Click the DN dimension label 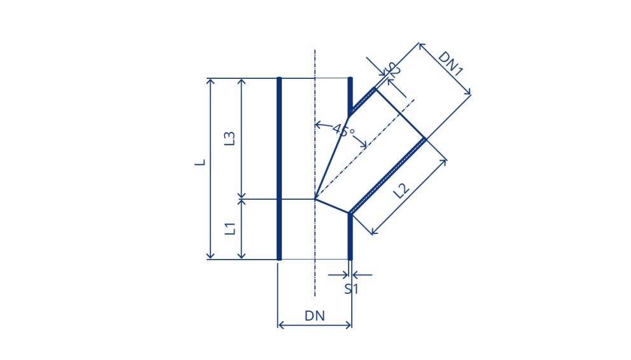click(x=315, y=315)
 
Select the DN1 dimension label click(x=451, y=64)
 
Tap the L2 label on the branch click(x=401, y=190)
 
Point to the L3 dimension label click(x=230, y=139)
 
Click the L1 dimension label click(x=230, y=228)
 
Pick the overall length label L click(x=200, y=162)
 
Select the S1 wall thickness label click(x=351, y=289)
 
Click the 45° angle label click(x=343, y=131)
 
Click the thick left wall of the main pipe click(x=279, y=169)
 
